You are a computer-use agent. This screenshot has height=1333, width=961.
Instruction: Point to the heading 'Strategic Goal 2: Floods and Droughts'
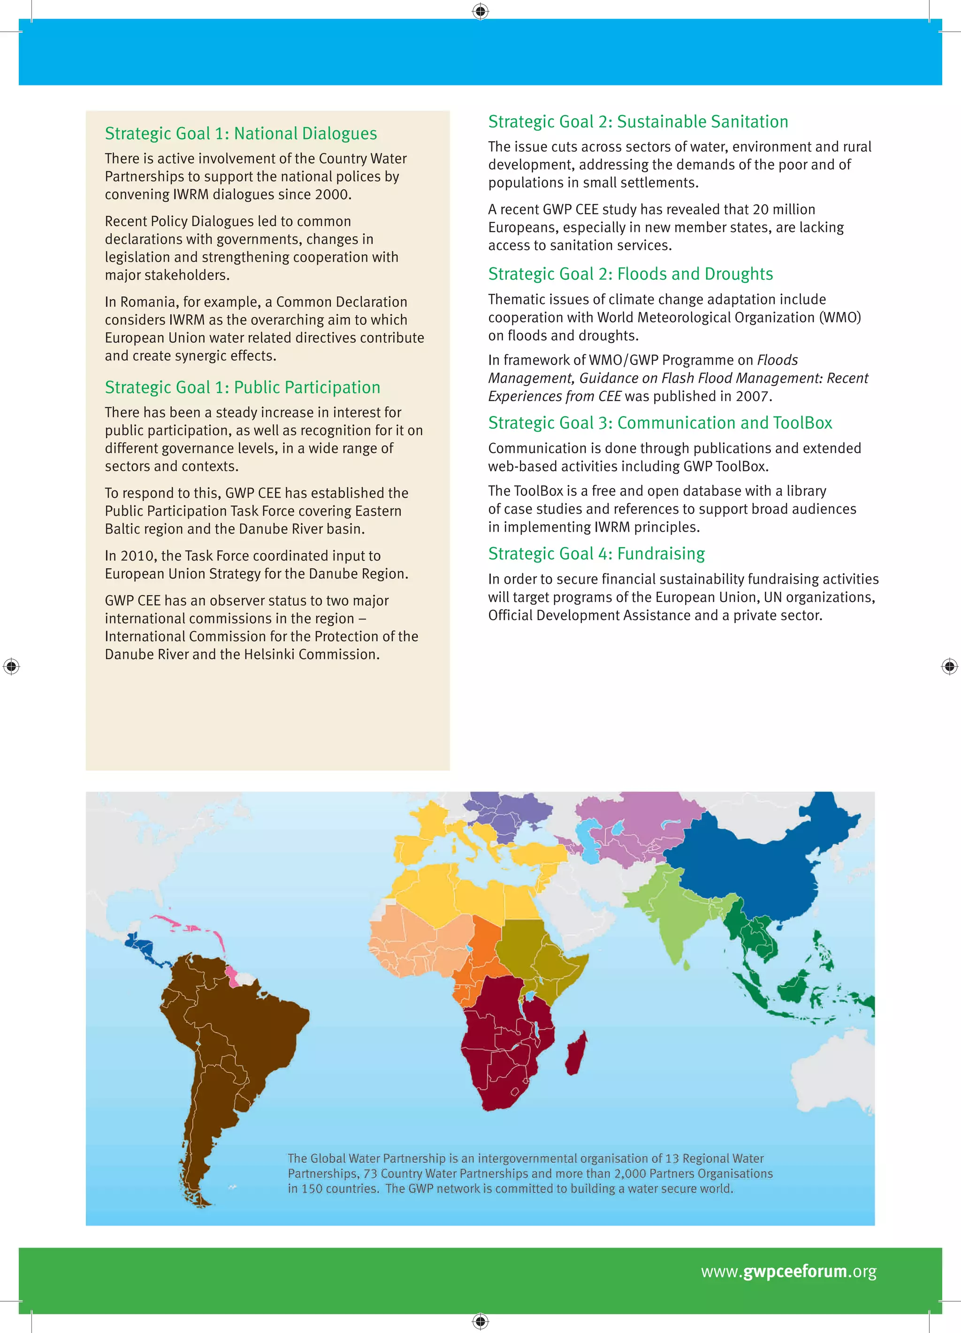point(630,274)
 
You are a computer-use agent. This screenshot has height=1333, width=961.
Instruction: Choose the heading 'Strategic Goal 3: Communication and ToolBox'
point(659,423)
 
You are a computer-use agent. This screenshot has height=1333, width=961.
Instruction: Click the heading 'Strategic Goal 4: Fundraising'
point(596,554)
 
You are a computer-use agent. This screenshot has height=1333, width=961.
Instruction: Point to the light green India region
point(682,917)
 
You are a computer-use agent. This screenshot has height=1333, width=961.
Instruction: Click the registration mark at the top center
point(480,11)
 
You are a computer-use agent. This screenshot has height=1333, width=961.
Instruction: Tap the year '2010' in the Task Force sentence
point(137,556)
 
